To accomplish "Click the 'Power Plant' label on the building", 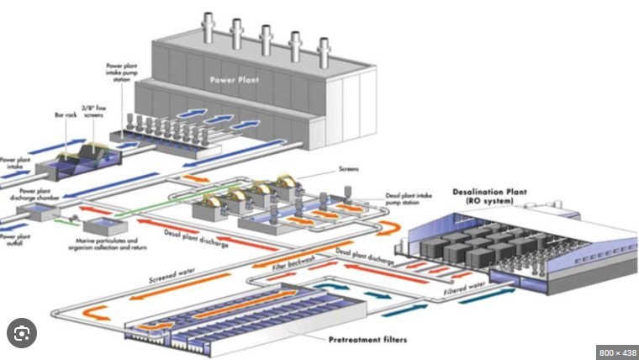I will click(235, 82).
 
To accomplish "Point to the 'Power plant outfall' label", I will click(13, 238).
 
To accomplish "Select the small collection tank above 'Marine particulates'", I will click(101, 225).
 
